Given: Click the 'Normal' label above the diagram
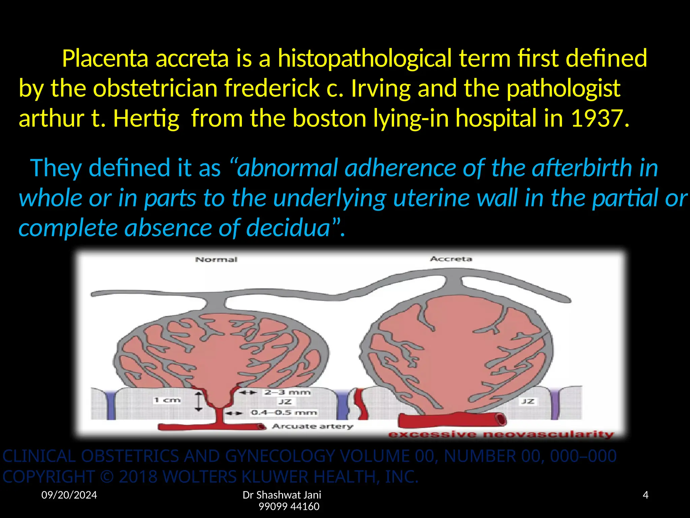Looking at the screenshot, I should (216, 259).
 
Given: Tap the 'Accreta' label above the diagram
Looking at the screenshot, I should (451, 259).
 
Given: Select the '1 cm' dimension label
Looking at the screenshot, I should (167, 400).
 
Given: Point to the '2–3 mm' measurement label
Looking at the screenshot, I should (287, 392).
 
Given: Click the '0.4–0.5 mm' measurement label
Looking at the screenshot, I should (284, 412).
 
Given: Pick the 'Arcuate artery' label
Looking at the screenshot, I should (313, 426).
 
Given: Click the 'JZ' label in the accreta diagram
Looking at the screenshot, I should (528, 401).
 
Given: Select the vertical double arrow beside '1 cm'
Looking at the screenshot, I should (199, 401).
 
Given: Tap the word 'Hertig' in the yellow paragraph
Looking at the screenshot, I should (146, 118).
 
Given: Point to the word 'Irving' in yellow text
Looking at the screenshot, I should (380, 88).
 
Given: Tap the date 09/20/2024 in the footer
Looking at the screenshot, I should (69, 495).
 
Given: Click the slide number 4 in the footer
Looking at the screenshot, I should (646, 495).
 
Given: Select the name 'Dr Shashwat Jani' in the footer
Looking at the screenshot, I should (282, 495).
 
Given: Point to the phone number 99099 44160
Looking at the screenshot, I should (289, 506).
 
